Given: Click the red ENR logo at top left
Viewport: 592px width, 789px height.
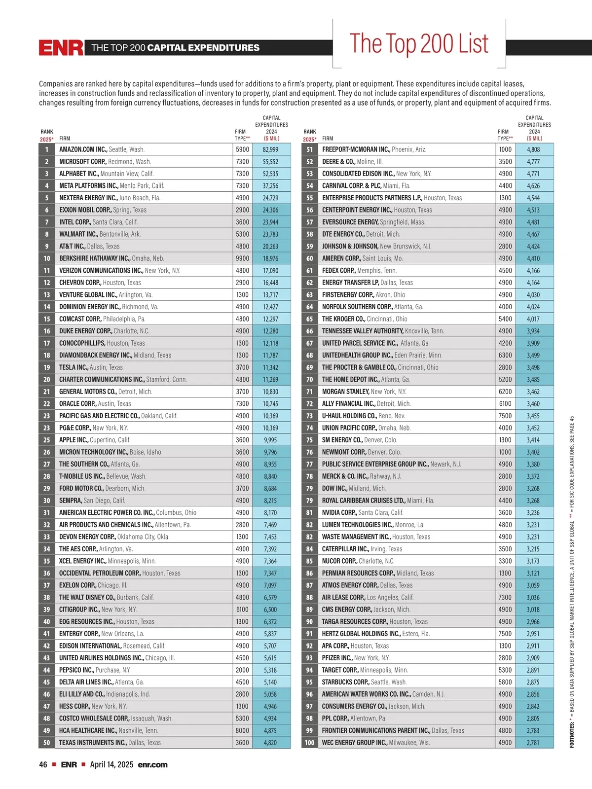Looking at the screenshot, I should click(61, 48).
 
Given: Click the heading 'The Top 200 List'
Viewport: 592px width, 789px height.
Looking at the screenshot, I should click(419, 43).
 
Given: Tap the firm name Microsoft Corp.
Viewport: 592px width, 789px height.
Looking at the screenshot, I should click(83, 162).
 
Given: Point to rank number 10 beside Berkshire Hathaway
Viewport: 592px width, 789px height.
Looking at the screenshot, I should click(47, 258).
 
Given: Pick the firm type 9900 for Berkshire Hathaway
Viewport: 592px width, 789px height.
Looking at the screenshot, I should click(242, 258).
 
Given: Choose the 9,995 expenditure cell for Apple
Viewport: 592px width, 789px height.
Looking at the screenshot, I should click(270, 440).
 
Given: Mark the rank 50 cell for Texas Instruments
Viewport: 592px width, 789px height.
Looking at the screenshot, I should click(47, 743).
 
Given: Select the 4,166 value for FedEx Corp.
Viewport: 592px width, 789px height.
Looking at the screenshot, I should click(533, 271).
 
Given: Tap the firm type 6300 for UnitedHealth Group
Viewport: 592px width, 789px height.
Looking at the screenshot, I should click(505, 355).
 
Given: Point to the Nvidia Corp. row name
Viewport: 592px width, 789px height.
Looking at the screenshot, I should click(339, 512).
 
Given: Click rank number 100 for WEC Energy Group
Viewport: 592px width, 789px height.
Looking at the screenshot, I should click(309, 743).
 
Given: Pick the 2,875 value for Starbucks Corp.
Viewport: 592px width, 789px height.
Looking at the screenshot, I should click(533, 682).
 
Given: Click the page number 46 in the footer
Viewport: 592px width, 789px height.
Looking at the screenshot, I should click(43, 764).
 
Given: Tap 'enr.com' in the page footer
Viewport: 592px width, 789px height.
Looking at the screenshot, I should click(152, 764).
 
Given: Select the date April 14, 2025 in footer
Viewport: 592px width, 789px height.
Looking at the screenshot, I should click(111, 764).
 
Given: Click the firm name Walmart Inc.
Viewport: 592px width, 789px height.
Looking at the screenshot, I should click(78, 234).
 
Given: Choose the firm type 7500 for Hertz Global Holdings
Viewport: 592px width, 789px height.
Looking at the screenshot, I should click(505, 634).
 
